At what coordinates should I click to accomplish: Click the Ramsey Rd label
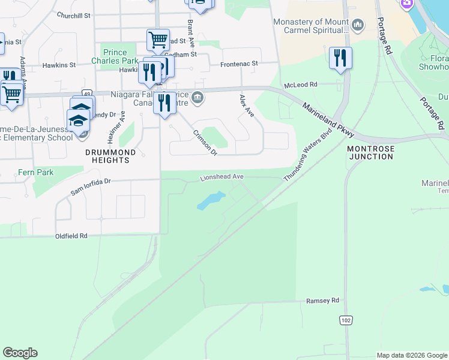[x=322, y=301]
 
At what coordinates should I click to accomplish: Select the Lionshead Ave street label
[x=221, y=177]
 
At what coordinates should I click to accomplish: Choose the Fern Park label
[x=35, y=173]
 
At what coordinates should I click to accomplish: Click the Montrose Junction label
[x=370, y=152]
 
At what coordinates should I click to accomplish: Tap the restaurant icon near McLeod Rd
[x=340, y=58]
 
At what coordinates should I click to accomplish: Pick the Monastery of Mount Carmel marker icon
[x=358, y=25]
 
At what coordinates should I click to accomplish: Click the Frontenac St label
[x=239, y=63]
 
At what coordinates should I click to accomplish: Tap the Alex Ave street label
[x=247, y=106]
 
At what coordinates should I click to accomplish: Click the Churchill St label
[x=73, y=15]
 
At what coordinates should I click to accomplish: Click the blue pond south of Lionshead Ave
[x=211, y=201]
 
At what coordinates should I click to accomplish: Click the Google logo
[x=20, y=353]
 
